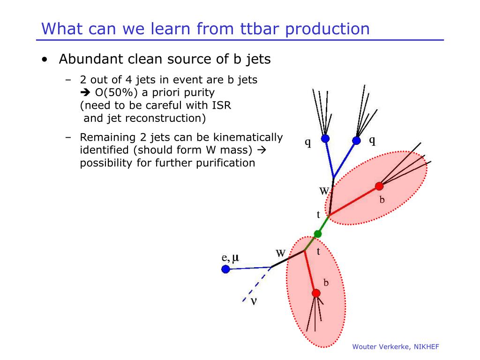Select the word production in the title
click(x=327, y=30)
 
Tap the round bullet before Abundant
click(x=45, y=60)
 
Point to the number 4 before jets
click(x=129, y=80)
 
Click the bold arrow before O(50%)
click(x=85, y=92)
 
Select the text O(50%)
click(x=116, y=93)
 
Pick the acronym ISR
click(x=222, y=105)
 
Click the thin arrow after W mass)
click(x=262, y=150)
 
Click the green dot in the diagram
click(x=318, y=234)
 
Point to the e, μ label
click(x=230, y=258)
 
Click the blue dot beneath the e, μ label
click(x=225, y=269)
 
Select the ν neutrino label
click(x=254, y=301)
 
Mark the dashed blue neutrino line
click(x=257, y=285)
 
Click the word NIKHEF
click(x=427, y=347)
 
